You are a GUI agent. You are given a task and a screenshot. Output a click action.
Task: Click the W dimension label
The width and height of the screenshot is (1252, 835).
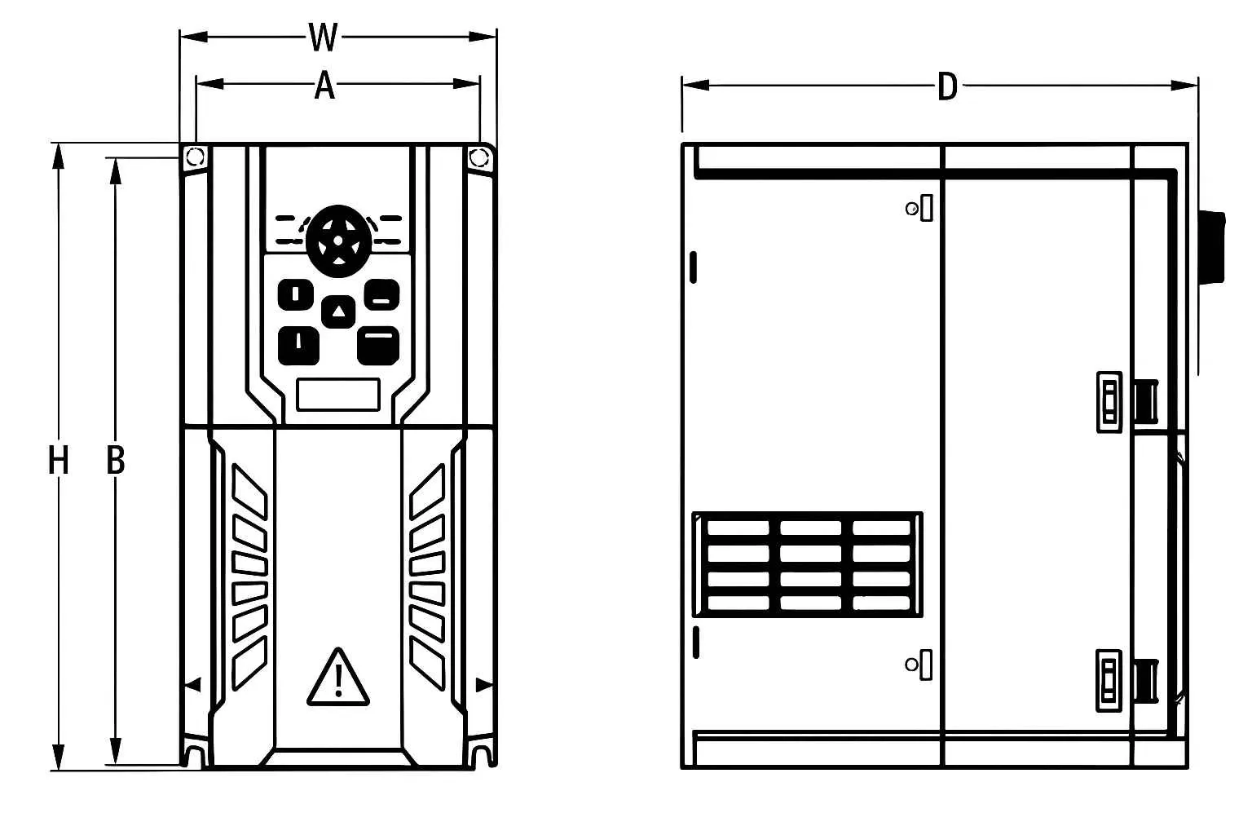tap(324, 38)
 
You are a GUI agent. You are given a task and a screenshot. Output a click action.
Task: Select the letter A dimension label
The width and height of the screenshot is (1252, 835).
tap(324, 86)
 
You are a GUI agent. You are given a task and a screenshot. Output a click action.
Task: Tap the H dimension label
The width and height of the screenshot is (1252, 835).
tap(58, 461)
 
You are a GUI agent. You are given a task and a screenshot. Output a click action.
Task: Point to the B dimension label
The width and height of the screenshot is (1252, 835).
tap(116, 461)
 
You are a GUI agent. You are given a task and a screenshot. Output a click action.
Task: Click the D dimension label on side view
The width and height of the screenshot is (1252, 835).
tap(947, 86)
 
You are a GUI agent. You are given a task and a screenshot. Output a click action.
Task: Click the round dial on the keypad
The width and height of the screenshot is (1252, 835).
tap(338, 241)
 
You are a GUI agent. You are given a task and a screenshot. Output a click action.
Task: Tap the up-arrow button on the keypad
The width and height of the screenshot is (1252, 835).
tap(338, 311)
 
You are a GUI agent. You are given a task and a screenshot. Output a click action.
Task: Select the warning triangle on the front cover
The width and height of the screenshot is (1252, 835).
tap(338, 678)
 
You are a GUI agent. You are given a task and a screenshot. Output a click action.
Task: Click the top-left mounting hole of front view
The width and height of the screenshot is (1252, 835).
tap(195, 157)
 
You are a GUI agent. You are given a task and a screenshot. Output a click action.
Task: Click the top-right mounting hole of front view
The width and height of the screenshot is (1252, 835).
tap(478, 157)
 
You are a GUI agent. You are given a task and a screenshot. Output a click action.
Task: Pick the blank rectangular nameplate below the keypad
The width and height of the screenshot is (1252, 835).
tap(339, 395)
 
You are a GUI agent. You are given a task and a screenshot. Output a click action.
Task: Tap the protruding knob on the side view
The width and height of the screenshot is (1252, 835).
tap(1212, 248)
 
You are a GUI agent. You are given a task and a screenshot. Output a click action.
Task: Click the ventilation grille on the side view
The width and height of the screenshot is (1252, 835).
tap(808, 564)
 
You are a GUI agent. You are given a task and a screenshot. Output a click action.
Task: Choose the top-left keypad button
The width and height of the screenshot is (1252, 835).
tap(296, 294)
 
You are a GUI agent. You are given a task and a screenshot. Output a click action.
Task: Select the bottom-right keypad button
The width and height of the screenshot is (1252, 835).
tap(378, 346)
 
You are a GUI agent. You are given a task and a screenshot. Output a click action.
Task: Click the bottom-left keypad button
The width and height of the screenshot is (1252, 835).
tap(299, 346)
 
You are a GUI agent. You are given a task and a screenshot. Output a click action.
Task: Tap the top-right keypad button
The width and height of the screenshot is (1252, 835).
tap(381, 294)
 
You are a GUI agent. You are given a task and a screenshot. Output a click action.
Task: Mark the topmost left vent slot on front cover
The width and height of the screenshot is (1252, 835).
tap(249, 492)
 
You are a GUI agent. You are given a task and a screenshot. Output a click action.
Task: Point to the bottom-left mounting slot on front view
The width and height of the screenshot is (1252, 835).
tap(195, 754)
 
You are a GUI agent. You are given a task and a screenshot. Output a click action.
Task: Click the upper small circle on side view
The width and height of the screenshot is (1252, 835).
tap(911, 210)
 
